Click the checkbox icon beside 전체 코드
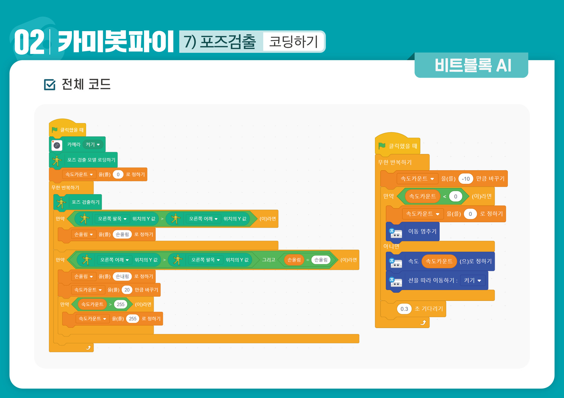pyautogui.click(x=49, y=84)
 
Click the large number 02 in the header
pyautogui.click(x=29, y=42)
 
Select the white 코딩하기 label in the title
pyautogui.click(x=293, y=42)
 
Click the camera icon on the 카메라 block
pyautogui.click(x=57, y=145)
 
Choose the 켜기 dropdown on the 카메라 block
pyautogui.click(x=93, y=145)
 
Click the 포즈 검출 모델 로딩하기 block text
pyautogui.click(x=91, y=160)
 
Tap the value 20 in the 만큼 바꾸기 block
pyautogui.click(x=127, y=290)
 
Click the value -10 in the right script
pyautogui.click(x=466, y=179)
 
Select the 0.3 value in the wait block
pyautogui.click(x=404, y=309)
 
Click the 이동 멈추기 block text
pyautogui.click(x=422, y=231)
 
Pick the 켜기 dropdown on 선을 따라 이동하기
pyautogui.click(x=472, y=280)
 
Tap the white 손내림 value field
pyautogui.click(x=122, y=277)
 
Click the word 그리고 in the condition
pyautogui.click(x=268, y=260)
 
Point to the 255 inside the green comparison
pyautogui.click(x=121, y=304)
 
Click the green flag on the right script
pyautogui.click(x=382, y=146)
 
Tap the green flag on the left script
pyautogui.click(x=55, y=130)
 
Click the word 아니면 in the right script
pyautogui.click(x=391, y=246)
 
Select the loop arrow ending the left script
pyautogui.click(x=88, y=348)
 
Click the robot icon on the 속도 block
pyautogui.click(x=396, y=262)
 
